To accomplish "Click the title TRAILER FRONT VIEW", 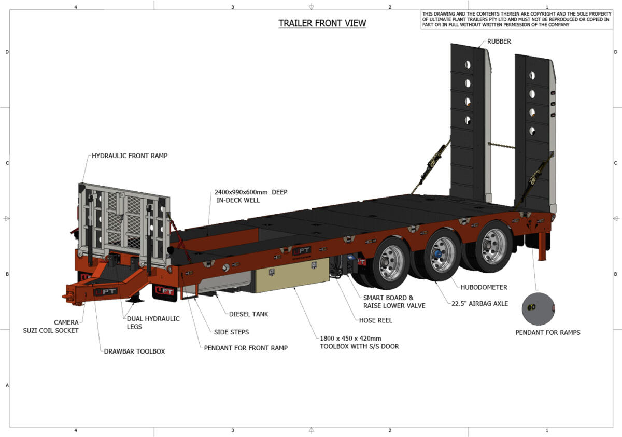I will tap(322, 23).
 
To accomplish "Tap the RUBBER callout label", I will tap(499, 41).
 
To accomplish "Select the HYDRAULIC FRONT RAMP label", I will tap(130, 156).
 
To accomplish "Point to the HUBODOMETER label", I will tap(484, 287).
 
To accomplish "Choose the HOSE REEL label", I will tap(376, 320).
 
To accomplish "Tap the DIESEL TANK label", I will tap(249, 314).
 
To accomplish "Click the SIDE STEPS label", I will tap(231, 332).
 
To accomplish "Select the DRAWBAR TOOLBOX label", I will tap(134, 351).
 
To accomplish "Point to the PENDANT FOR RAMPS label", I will tap(548, 332).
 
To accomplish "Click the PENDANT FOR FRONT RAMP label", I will tap(246, 348).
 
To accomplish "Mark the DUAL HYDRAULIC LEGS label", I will tap(153, 322).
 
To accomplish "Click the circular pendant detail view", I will tap(539, 309).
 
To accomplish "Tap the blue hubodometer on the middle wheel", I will tap(437, 254).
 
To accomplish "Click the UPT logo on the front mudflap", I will tap(164, 291).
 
